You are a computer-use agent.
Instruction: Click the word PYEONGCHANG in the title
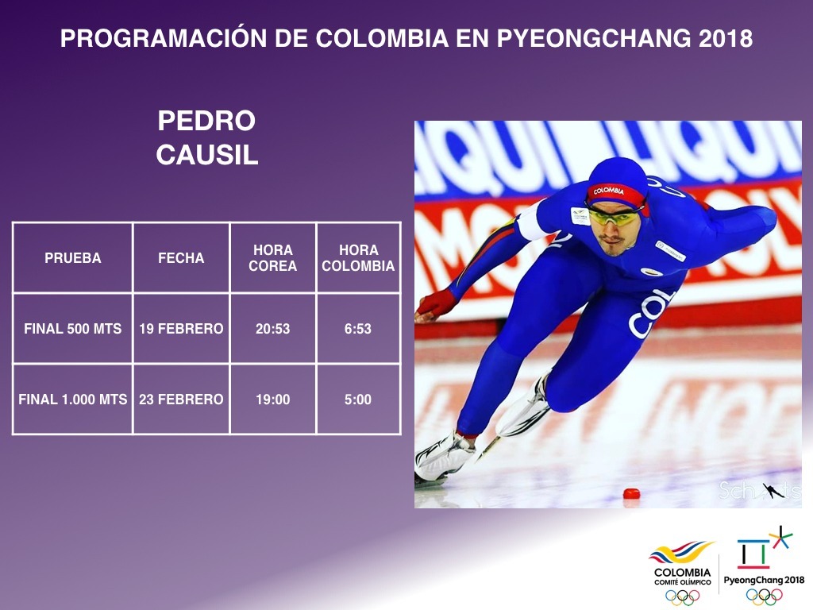click(x=592, y=38)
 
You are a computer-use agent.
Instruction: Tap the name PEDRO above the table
click(x=206, y=121)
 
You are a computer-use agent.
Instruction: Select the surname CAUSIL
click(x=207, y=155)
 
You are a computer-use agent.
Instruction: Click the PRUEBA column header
click(x=72, y=258)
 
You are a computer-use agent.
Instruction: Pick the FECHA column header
click(x=181, y=258)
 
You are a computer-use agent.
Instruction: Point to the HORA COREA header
click(x=273, y=258)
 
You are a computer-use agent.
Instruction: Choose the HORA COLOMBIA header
click(x=358, y=258)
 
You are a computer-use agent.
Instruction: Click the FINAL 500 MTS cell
click(x=72, y=328)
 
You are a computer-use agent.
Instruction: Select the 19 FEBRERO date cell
click(x=181, y=328)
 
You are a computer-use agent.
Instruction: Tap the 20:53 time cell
click(x=273, y=328)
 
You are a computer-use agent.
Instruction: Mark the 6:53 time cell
click(x=358, y=328)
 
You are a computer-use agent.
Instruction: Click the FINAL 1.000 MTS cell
click(x=72, y=400)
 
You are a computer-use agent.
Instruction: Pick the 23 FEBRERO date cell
click(x=181, y=400)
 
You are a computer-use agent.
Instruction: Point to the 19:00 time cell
click(x=273, y=400)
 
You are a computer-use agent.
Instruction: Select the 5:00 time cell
click(x=358, y=400)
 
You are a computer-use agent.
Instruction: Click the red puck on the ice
click(x=631, y=493)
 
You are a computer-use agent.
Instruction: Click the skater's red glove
click(x=436, y=304)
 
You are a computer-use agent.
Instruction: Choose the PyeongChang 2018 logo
click(x=764, y=566)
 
